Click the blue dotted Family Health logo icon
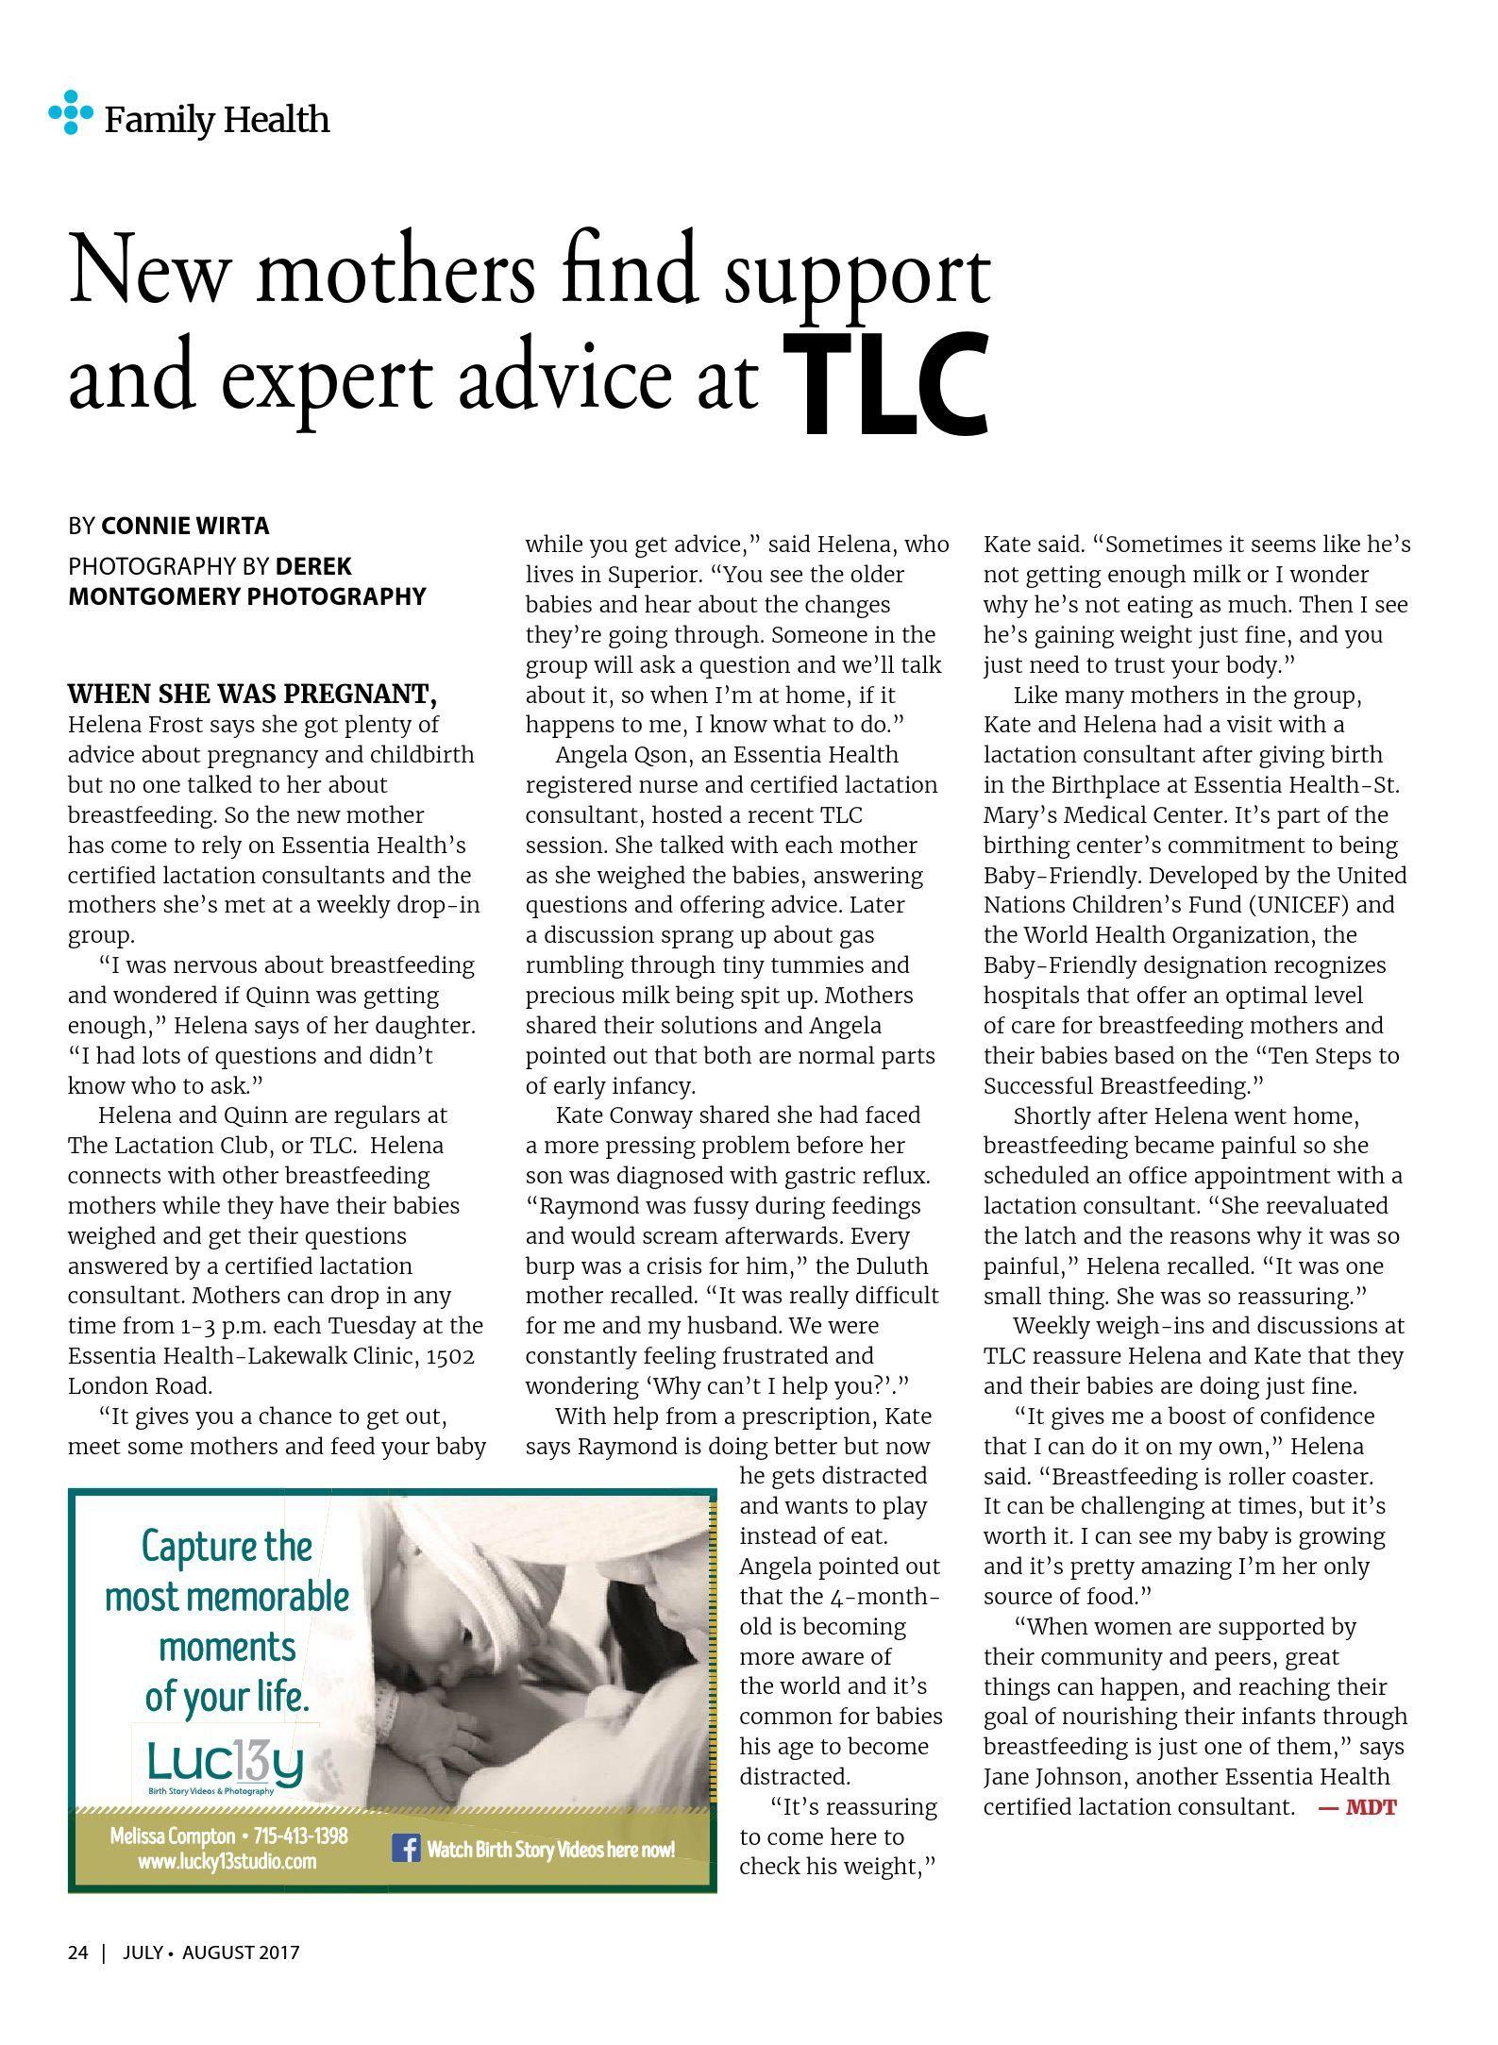coord(70,112)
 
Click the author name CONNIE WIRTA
coord(184,526)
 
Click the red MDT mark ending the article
coord(1357,1807)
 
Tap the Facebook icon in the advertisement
coord(406,1848)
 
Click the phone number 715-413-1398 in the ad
coord(301,1835)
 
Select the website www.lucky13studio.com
coord(227,1862)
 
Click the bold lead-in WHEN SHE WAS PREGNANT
coord(252,695)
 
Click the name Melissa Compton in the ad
coord(172,1835)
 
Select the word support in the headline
coord(856,274)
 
